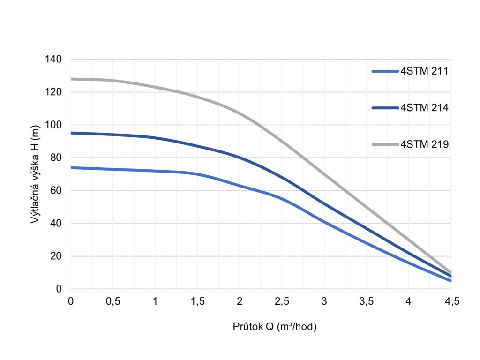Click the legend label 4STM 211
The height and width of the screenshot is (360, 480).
click(x=425, y=71)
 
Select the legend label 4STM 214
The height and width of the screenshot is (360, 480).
click(x=425, y=108)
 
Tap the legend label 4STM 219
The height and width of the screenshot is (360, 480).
click(x=425, y=144)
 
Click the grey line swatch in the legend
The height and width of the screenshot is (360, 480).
click(x=385, y=144)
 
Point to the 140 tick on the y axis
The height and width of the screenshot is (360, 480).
click(x=54, y=59)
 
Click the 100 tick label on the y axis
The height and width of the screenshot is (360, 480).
click(x=54, y=125)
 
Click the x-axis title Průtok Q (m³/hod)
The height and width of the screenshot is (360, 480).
click(x=275, y=327)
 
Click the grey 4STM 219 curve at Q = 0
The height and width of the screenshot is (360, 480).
click(x=71, y=79)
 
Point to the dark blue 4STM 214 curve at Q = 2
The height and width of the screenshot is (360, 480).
click(x=240, y=157)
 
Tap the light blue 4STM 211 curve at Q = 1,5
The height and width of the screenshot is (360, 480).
click(x=197, y=174)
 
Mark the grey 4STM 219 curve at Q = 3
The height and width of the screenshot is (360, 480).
click(x=324, y=173)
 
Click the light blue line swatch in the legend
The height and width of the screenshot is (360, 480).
click(x=385, y=71)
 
